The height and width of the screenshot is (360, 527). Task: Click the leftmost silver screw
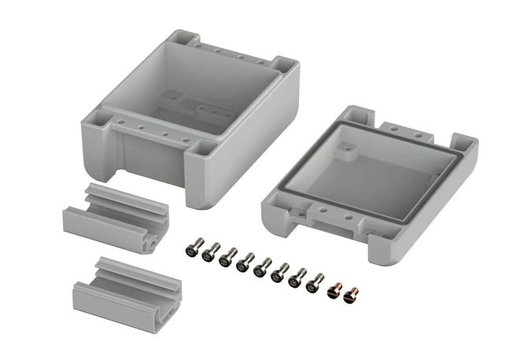191,251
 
